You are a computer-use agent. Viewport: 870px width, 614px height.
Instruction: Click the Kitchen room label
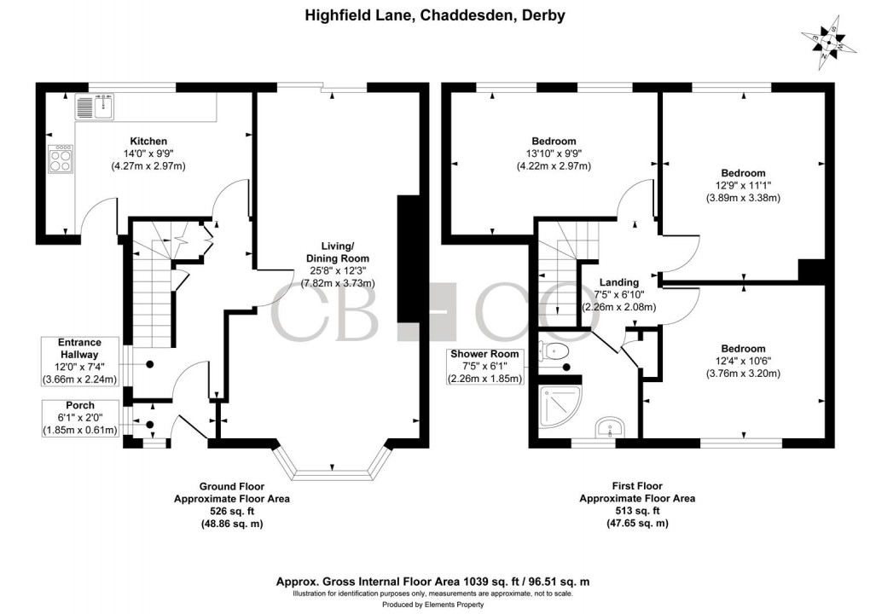click(148, 141)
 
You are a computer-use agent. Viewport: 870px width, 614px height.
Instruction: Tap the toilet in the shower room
click(557, 350)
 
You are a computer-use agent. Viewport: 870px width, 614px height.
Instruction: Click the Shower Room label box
click(485, 367)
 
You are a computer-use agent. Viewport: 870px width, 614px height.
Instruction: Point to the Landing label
click(619, 283)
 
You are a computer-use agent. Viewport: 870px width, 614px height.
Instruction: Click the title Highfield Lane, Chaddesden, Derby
click(435, 15)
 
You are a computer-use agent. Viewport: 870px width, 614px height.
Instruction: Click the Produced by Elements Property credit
click(435, 604)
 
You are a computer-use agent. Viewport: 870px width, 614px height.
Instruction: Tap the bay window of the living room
click(332, 467)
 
